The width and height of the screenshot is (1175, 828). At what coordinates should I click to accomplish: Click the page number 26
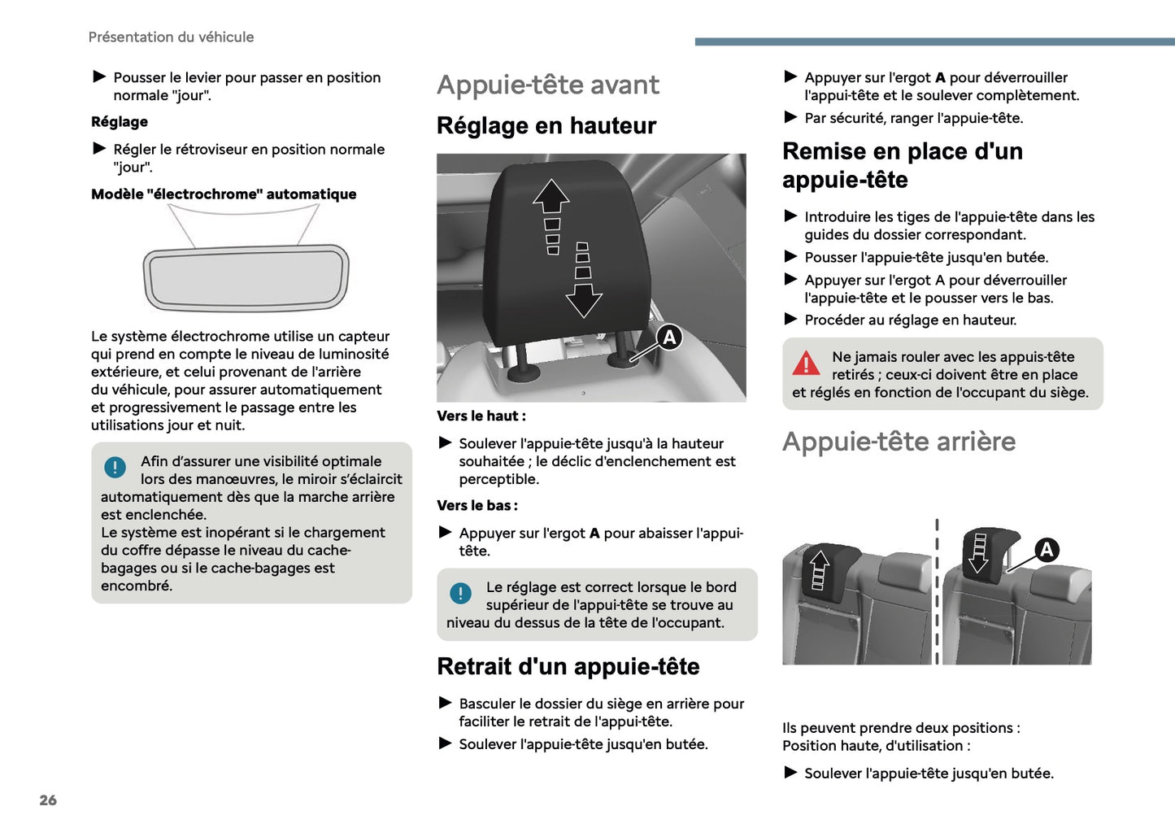(x=48, y=800)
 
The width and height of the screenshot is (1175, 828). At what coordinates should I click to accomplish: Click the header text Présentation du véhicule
(x=171, y=37)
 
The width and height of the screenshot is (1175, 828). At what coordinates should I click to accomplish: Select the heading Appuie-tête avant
(x=547, y=85)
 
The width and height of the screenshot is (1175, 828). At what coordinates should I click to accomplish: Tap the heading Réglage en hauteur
(x=546, y=125)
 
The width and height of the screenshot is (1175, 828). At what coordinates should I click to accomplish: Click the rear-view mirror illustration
(x=246, y=277)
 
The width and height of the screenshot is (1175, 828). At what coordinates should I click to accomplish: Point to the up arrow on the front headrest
(x=551, y=198)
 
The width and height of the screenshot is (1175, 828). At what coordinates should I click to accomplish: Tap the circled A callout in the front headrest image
(x=668, y=337)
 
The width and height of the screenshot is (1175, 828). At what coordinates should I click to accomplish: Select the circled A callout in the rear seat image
(x=1047, y=550)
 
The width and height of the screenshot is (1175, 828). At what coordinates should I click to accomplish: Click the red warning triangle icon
(x=806, y=364)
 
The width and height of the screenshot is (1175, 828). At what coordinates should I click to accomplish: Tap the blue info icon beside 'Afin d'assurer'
(x=115, y=468)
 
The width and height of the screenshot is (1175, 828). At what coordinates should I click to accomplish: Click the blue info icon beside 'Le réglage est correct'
(x=460, y=594)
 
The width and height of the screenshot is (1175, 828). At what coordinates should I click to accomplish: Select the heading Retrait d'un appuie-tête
(x=568, y=666)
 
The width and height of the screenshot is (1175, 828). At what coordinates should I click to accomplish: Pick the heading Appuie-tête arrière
(x=899, y=442)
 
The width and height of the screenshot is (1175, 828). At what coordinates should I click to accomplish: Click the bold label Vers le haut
(x=481, y=416)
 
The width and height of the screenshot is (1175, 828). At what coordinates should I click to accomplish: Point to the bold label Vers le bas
(x=477, y=506)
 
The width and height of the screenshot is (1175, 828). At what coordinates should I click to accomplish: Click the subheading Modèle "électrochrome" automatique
(x=224, y=194)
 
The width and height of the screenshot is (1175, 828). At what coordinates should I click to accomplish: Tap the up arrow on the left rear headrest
(x=820, y=563)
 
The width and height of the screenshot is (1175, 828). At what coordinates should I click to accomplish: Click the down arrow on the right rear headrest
(x=979, y=557)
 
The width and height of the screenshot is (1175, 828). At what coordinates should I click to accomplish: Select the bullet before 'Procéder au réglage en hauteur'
(x=790, y=320)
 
